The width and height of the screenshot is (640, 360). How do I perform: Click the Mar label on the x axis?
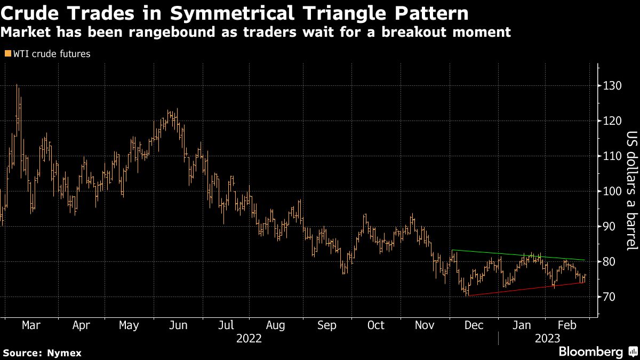tap(31, 325)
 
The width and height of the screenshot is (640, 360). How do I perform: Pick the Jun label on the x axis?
tap(178, 325)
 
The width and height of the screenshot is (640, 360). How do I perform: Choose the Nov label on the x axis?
tap(425, 325)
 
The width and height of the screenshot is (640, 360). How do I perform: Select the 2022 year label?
tap(249, 339)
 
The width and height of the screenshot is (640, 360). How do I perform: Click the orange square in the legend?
tap(7, 54)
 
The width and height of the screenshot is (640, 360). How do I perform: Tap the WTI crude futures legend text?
tap(52, 54)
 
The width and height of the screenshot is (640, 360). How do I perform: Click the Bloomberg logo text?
tap(590, 352)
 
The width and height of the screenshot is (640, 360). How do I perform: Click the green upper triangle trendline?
tap(517, 255)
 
